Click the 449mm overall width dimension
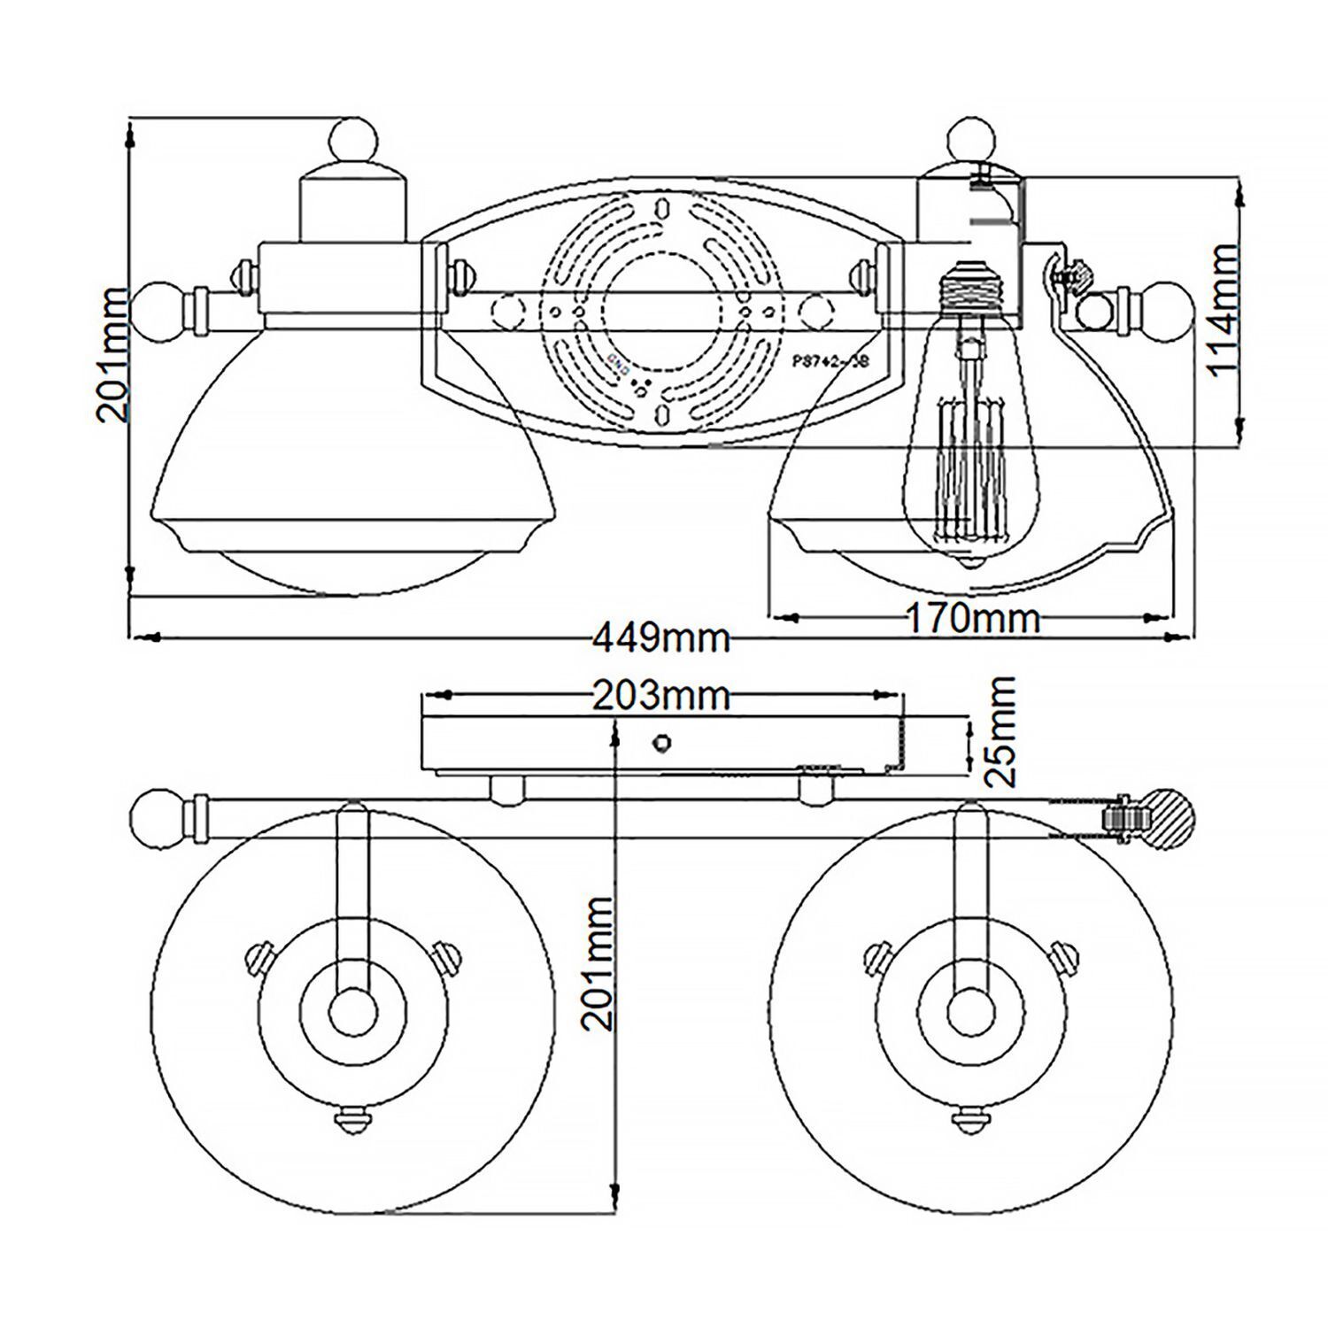point(661,637)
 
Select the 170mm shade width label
point(971,617)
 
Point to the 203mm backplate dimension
point(660,696)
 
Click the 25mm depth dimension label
point(1000,732)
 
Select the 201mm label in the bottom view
point(599,963)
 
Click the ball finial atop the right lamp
point(971,139)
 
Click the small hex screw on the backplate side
point(660,742)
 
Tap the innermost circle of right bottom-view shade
point(971,1011)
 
